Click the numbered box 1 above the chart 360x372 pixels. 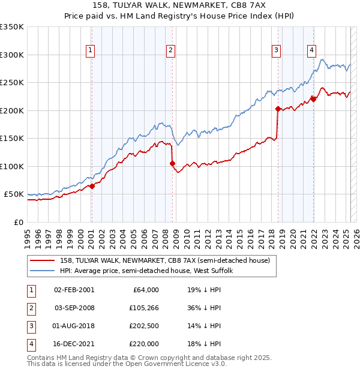coord(90,50)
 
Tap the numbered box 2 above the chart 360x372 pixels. coord(171,50)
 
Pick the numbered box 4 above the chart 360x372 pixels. coord(312,50)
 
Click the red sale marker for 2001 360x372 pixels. coord(92,187)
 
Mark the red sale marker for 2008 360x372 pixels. coord(172,163)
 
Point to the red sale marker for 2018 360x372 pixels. coord(278,109)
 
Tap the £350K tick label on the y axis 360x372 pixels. coord(12,27)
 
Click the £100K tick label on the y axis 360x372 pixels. coord(12,166)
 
